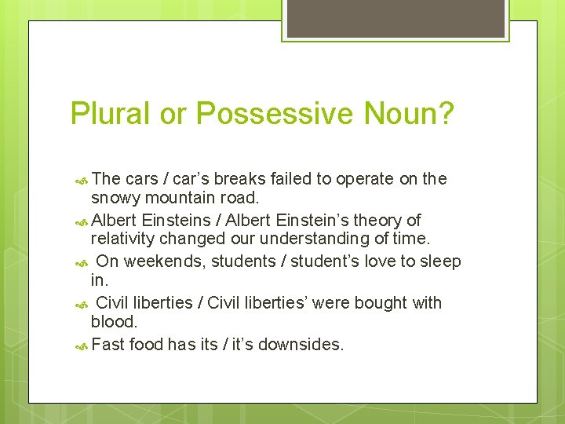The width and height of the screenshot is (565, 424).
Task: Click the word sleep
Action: (x=439, y=261)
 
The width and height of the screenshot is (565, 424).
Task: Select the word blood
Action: (x=113, y=322)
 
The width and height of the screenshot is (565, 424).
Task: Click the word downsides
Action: (x=308, y=345)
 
